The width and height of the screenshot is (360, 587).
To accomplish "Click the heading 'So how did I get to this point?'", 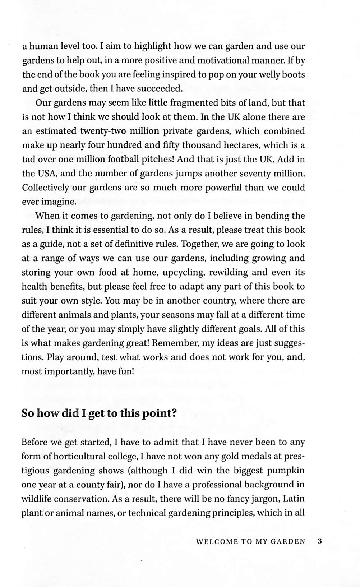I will click(x=99, y=413).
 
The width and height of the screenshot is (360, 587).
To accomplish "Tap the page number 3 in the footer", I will click(x=320, y=541).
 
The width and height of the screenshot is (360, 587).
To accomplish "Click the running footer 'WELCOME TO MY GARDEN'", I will click(x=250, y=542).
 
